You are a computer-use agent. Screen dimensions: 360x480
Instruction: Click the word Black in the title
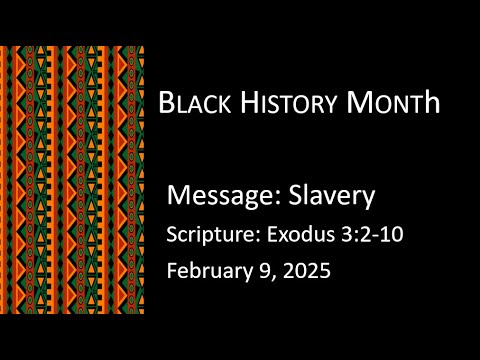tap(195, 103)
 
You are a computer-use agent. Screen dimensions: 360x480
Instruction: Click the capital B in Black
tap(167, 103)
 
